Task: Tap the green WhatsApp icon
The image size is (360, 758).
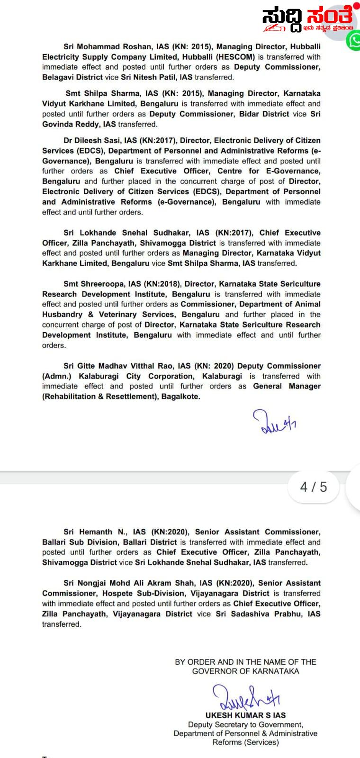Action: coord(354,41)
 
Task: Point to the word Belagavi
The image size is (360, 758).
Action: coord(59,77)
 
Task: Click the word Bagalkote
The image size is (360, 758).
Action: coord(180,397)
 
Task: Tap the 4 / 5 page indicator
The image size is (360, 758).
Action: coord(314,487)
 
